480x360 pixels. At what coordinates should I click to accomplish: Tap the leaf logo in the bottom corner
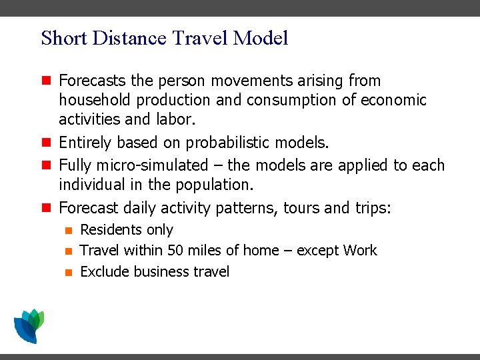click(29, 325)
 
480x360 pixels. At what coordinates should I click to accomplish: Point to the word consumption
click(301, 100)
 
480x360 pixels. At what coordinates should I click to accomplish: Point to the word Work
click(360, 251)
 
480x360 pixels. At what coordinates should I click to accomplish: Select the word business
click(162, 271)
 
